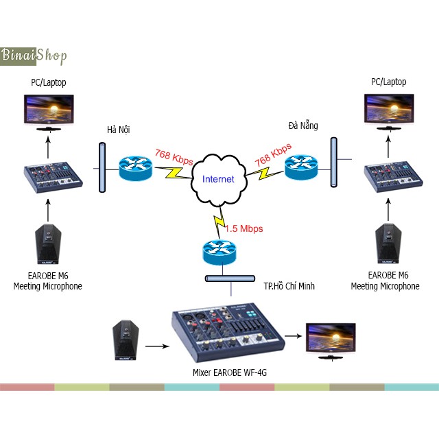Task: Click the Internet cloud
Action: (218, 178)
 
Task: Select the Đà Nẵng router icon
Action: (302, 165)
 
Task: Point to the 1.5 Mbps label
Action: (244, 228)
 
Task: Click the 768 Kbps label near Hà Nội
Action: (174, 157)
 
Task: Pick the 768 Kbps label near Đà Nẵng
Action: (273, 155)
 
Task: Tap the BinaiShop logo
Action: (34, 55)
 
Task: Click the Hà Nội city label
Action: (118, 129)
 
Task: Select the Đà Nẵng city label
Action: (303, 125)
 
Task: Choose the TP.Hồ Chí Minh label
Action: (289, 285)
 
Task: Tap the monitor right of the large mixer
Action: (331, 337)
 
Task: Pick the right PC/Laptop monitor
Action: (388, 111)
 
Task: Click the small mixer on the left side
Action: (53, 176)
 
